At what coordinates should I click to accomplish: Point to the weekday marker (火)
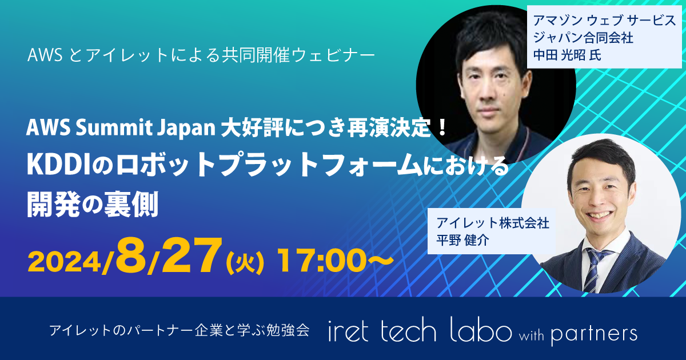(245, 263)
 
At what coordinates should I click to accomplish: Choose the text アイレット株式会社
(492, 223)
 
